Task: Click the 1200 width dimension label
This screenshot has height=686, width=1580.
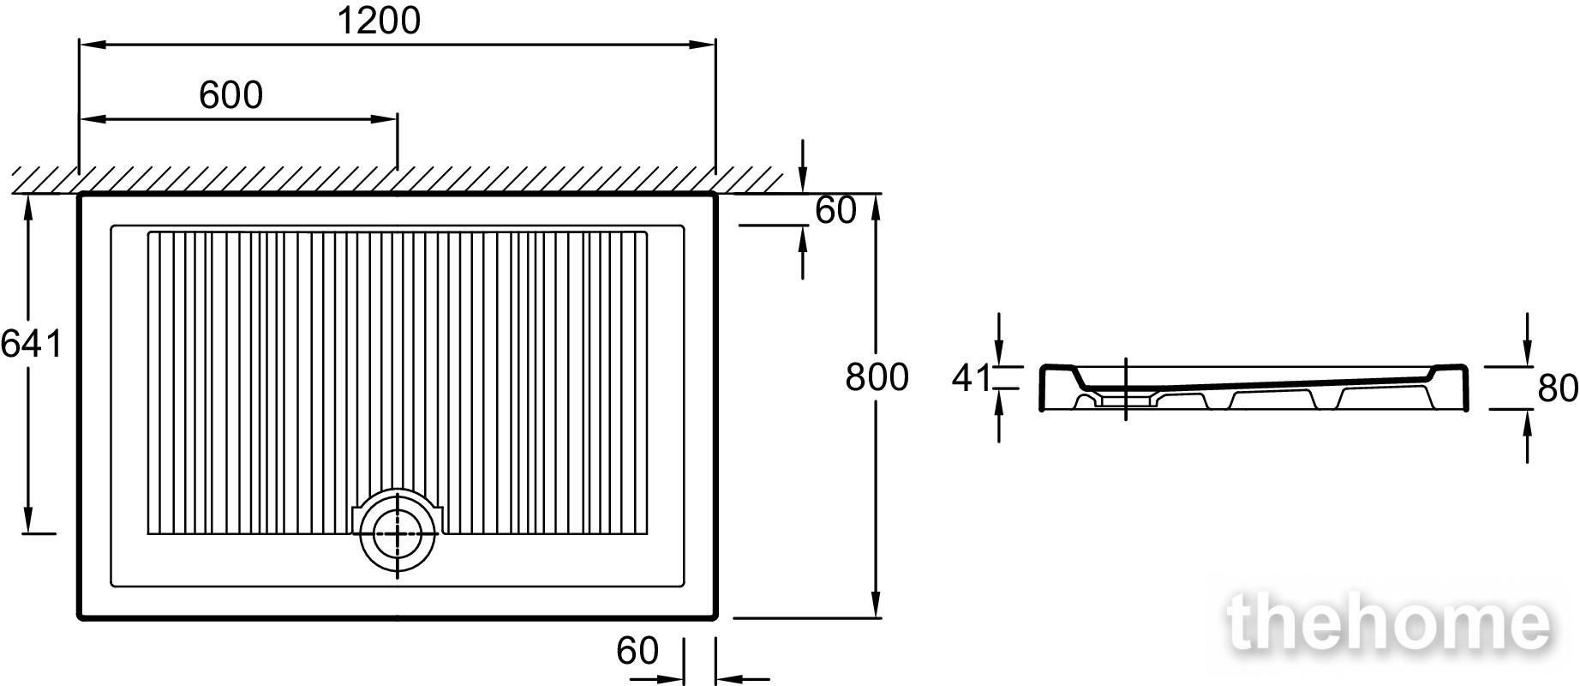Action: pos(379,21)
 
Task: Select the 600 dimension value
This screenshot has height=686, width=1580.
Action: pos(230,95)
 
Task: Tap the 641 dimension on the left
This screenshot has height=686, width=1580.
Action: pos(32,344)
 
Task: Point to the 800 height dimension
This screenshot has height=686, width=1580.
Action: pos(877,377)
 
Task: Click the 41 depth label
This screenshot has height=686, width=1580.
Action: pos(971,378)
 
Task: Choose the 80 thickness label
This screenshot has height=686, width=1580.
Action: pos(1558,388)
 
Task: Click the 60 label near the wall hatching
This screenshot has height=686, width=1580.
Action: pos(835,210)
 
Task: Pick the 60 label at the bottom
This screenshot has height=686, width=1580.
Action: pos(637,651)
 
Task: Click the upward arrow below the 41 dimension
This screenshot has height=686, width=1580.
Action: pos(1000,416)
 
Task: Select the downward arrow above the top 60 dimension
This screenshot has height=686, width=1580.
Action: pos(803,166)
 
